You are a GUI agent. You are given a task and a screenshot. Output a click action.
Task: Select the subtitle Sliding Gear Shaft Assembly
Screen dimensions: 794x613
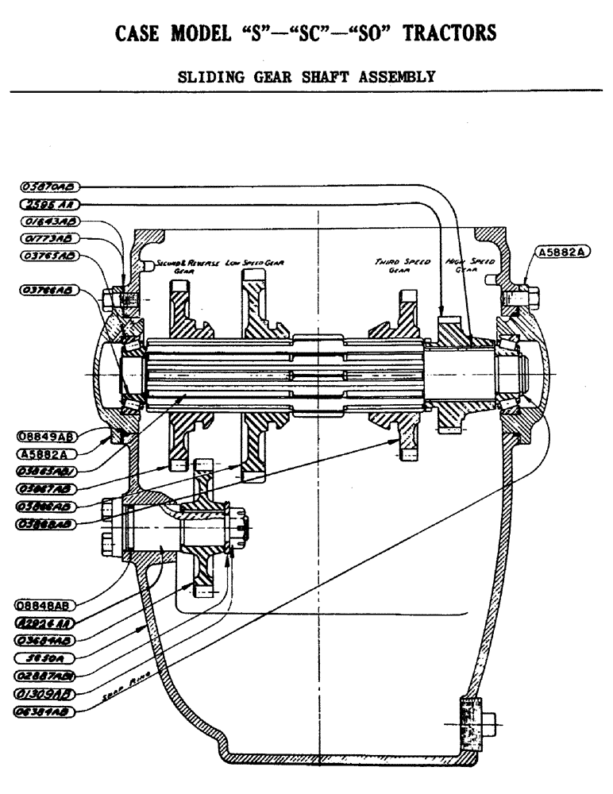coord(305,77)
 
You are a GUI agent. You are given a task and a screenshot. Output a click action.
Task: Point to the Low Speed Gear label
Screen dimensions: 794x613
coord(255,262)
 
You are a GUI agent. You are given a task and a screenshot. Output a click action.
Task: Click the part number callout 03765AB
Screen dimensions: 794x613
coord(48,256)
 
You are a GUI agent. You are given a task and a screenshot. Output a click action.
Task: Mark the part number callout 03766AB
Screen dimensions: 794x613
coord(48,291)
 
